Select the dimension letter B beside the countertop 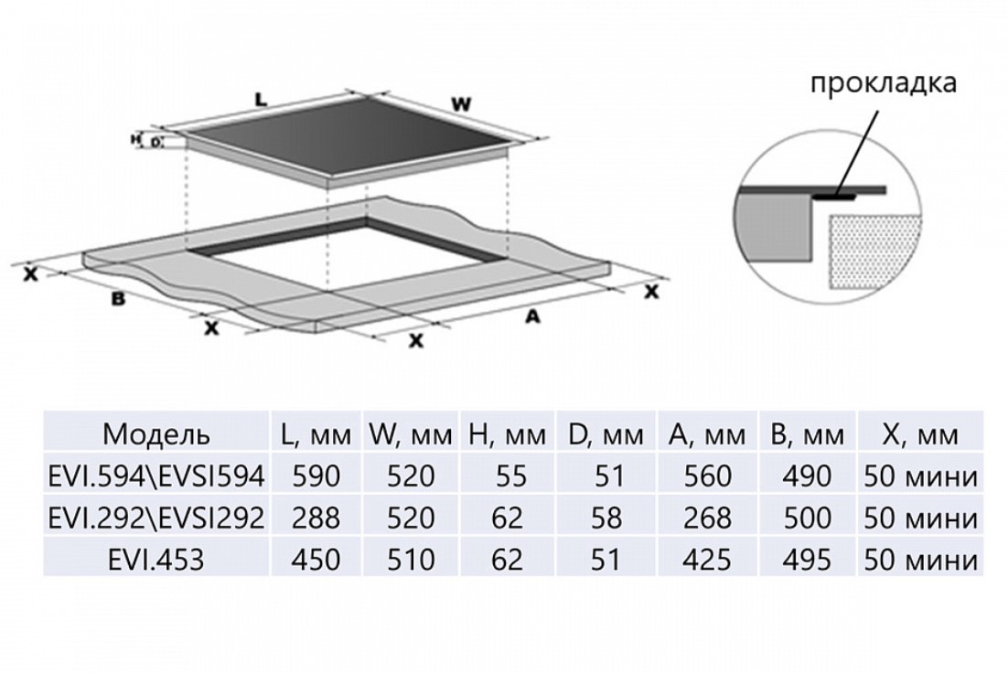(117, 299)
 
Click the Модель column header (156, 433)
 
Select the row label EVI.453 (155, 560)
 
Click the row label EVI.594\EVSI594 (156, 476)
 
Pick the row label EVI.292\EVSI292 (156, 518)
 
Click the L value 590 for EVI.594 (316, 476)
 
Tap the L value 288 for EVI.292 (316, 518)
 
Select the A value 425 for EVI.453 (707, 560)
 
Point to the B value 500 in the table (807, 518)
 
